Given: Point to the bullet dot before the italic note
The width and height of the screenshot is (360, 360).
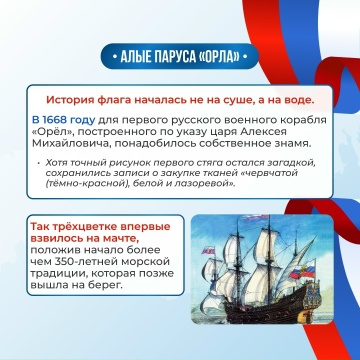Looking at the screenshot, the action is (x=38, y=163).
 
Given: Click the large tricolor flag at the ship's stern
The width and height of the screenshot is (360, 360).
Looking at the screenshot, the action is (x=302, y=270).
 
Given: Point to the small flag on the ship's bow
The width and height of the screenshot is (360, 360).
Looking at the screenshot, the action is (x=208, y=250).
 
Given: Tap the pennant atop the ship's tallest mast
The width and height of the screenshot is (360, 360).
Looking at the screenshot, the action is (x=256, y=218).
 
